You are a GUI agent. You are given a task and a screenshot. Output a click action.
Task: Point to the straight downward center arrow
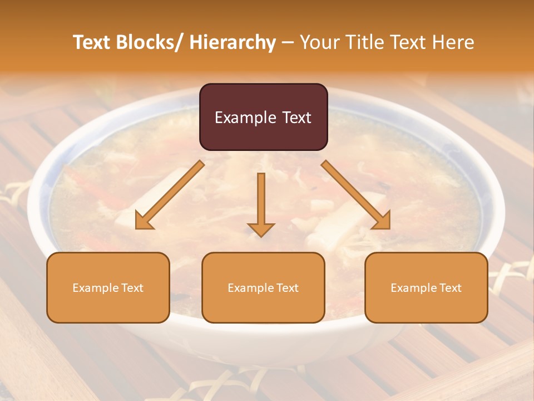click(261, 200)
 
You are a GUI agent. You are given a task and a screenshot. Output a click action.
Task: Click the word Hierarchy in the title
click(233, 42)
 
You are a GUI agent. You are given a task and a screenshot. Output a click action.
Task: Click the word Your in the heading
click(320, 42)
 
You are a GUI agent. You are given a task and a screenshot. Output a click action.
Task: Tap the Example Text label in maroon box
click(263, 118)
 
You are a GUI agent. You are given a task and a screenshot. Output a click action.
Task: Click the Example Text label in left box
click(108, 288)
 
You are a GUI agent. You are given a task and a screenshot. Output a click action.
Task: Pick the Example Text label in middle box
click(263, 288)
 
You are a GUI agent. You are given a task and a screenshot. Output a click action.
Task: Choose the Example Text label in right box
click(426, 288)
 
